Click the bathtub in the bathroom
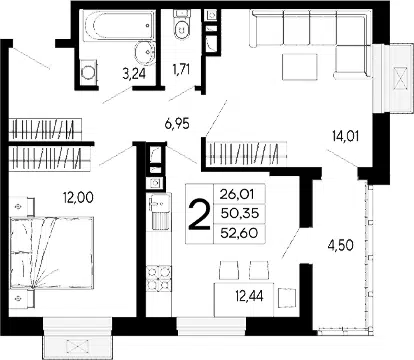119,26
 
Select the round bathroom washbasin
145,53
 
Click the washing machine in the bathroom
88,72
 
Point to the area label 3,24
134,74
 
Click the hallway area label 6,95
177,124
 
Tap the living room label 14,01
345,136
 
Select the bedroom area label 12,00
78,198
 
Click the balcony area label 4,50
340,245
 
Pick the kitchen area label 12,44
249,296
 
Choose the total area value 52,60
239,233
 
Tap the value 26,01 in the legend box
237,194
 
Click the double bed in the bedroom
52,252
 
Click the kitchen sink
159,211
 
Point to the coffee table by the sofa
299,67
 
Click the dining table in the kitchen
244,300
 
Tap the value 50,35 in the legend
240,213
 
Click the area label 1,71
181,70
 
